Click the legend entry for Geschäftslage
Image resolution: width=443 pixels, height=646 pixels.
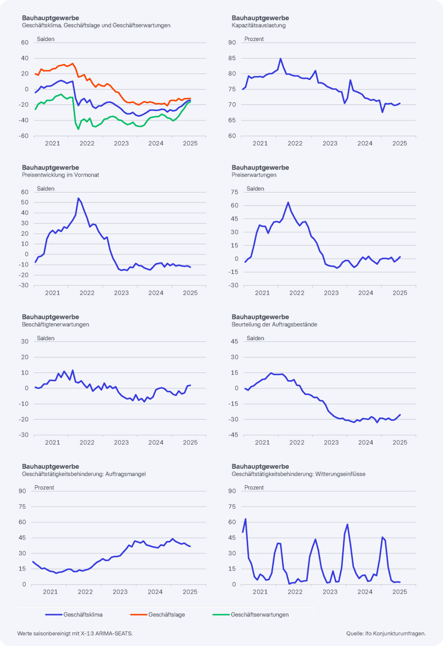166,614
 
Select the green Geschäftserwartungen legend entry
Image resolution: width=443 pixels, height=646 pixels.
259,614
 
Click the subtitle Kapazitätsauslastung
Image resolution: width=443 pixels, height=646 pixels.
259,25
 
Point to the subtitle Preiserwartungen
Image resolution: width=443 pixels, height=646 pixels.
254,175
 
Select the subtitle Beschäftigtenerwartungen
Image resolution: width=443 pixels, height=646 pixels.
55,324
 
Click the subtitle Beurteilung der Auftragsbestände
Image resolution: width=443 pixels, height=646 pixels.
275,324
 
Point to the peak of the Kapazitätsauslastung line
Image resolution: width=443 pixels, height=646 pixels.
281,59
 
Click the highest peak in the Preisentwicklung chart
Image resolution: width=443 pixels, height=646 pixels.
78,198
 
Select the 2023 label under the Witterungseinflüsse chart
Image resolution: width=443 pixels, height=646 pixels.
330,591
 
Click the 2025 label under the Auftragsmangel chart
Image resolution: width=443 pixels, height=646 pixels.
190,591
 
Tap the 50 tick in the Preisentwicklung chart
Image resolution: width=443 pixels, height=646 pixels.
25,202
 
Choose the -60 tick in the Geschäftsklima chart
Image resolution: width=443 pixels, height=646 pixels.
24,136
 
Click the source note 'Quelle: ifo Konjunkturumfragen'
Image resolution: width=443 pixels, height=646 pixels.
386,633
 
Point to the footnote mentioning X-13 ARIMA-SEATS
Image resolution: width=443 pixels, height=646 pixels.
75,633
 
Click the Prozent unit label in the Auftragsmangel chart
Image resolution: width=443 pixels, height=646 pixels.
44,487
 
